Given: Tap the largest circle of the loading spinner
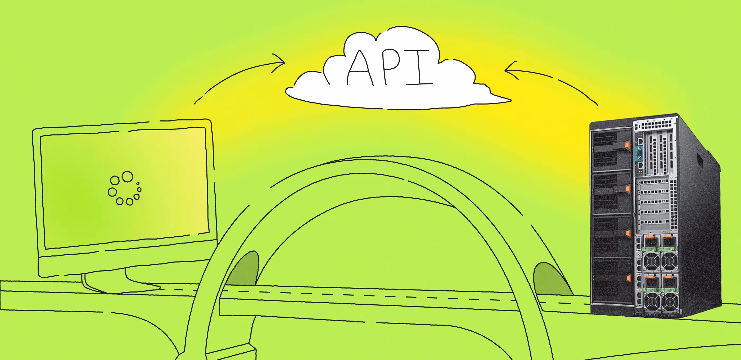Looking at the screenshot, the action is pos(127,176).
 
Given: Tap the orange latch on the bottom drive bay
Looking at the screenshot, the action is pos(629,278).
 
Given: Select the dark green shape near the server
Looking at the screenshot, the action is pos(549,279).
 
